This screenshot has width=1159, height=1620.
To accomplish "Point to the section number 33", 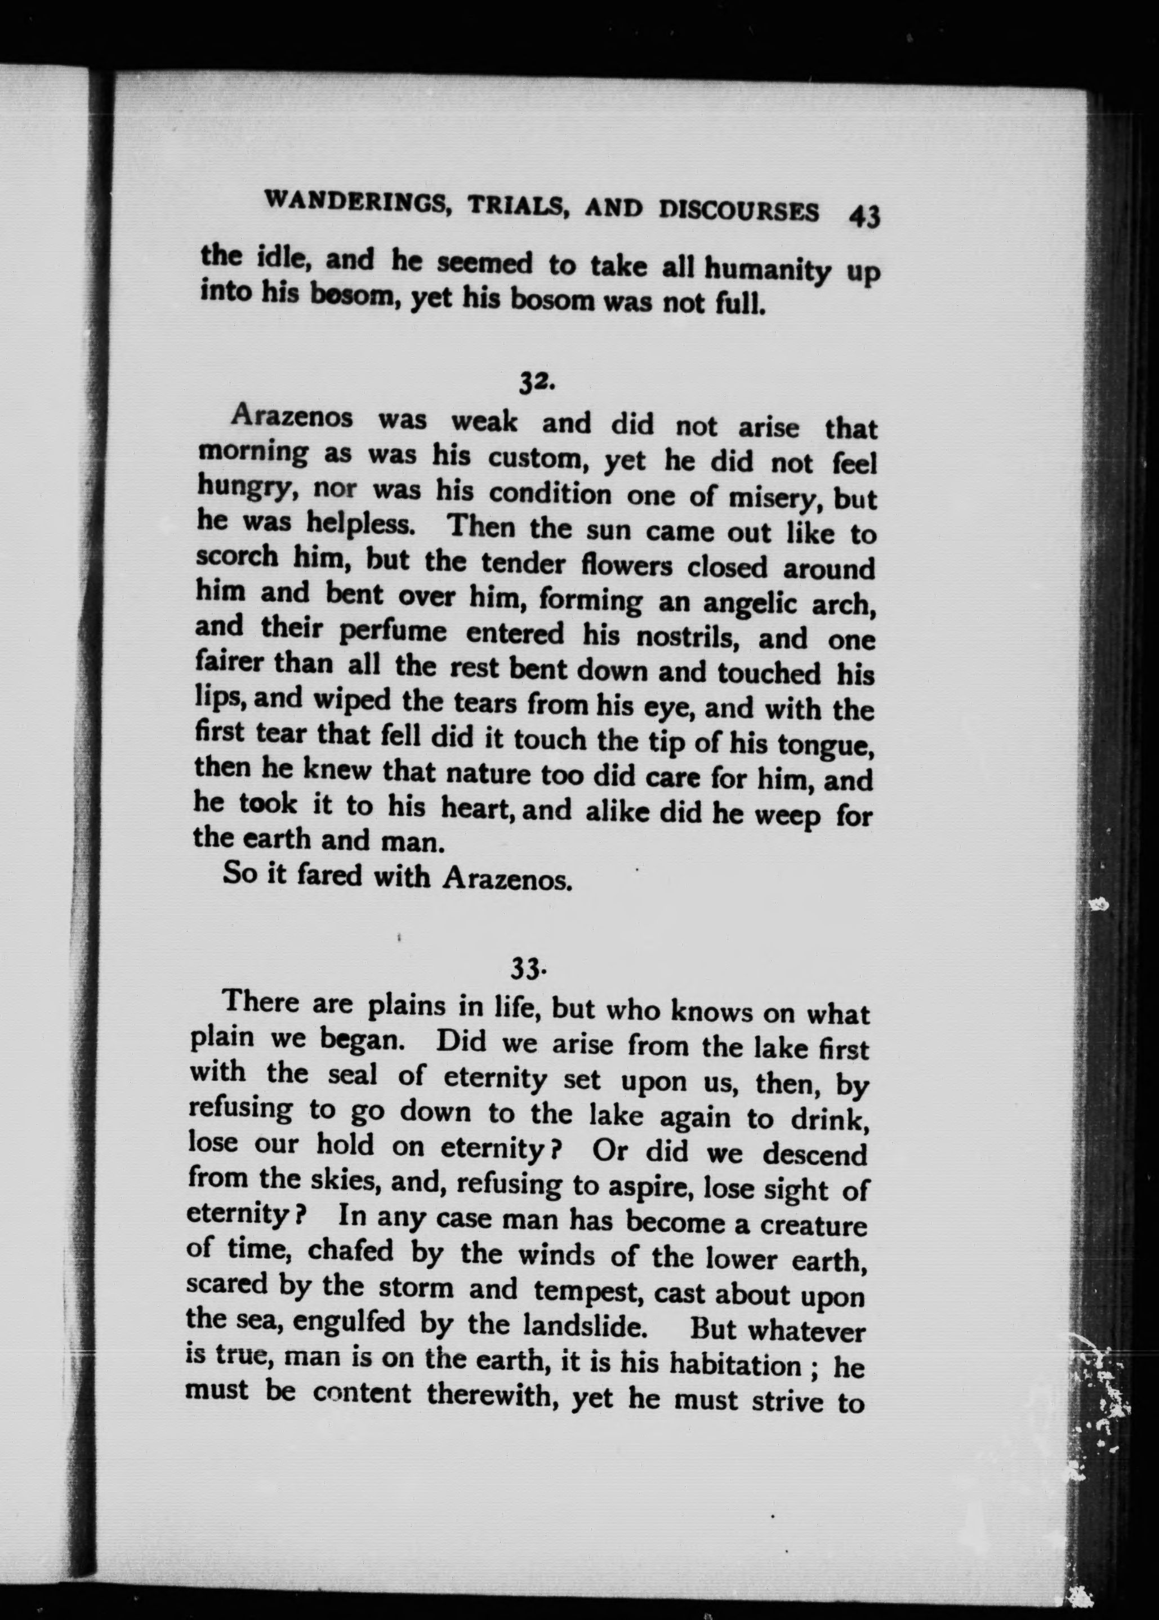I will [528, 969].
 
